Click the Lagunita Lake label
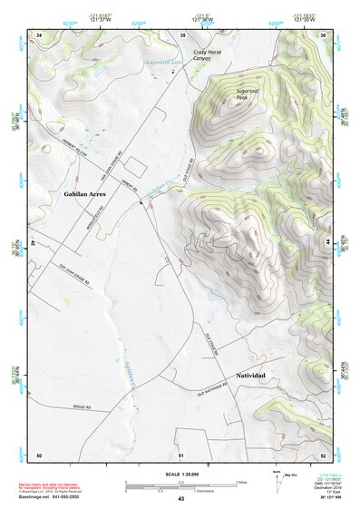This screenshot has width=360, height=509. click(166, 64)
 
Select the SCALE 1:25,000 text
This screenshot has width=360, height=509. click(179, 475)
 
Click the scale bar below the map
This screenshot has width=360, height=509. click(180, 484)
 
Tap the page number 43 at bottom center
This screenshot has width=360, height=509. click(180, 499)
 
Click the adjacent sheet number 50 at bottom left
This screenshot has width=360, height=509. click(39, 454)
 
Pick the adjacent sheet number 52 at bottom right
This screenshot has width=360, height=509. click(322, 454)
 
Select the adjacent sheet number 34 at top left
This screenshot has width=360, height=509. click(39, 34)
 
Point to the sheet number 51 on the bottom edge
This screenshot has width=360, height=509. click(180, 454)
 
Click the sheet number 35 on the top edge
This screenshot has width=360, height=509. click(183, 34)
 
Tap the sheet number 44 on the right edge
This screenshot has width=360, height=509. click(326, 243)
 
